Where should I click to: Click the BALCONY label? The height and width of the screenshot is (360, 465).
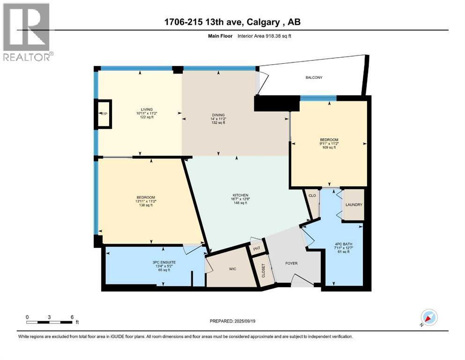pyautogui.click(x=314, y=77)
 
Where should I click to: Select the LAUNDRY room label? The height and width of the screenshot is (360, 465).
pyautogui.click(x=354, y=205)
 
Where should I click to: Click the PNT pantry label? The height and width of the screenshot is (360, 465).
pyautogui.click(x=257, y=248)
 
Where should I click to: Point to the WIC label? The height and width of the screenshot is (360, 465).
pyautogui.click(x=232, y=269)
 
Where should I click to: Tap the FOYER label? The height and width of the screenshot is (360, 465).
pyautogui.click(x=291, y=263)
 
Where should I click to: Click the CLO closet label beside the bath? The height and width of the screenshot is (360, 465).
pyautogui.click(x=312, y=196)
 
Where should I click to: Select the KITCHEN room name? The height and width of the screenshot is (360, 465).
pyautogui.click(x=240, y=195)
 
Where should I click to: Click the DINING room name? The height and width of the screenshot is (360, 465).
pyautogui.click(x=218, y=115)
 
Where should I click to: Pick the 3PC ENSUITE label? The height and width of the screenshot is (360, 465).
pyautogui.click(x=164, y=262)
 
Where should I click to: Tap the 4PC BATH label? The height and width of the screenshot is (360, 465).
pyautogui.click(x=343, y=244)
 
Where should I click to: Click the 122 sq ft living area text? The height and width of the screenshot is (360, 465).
pyautogui.click(x=147, y=117)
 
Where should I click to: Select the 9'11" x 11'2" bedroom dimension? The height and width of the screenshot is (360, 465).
pyautogui.click(x=329, y=143)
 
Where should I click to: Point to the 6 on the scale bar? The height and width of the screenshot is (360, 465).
pyautogui.click(x=72, y=317)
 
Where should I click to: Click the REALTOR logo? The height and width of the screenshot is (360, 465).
pyautogui.click(x=27, y=32)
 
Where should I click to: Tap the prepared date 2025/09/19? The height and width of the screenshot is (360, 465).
pyautogui.click(x=244, y=321)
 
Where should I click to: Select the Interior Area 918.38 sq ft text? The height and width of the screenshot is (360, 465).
pyautogui.click(x=264, y=36)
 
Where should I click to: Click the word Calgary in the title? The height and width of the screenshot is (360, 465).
pyautogui.click(x=263, y=22)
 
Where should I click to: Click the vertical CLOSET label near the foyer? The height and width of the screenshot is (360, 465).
pyautogui.click(x=264, y=270)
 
